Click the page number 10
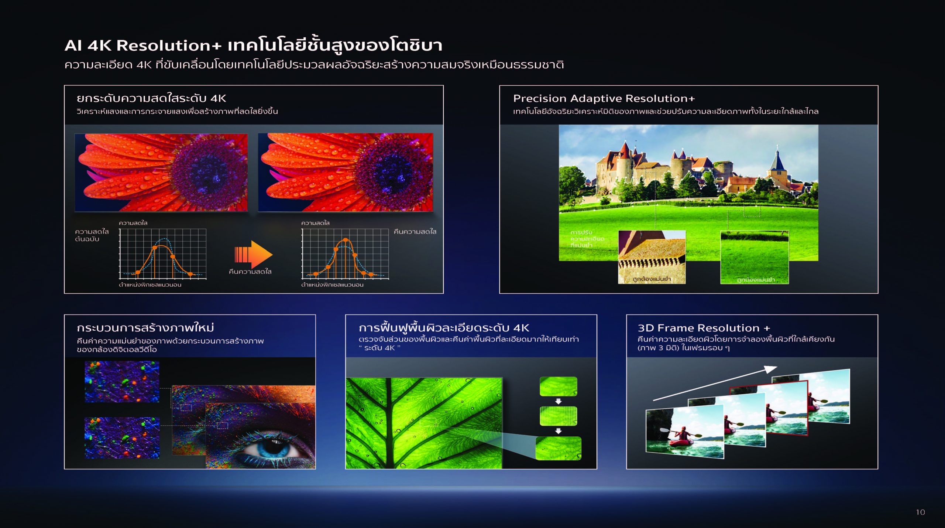pyautogui.click(x=920, y=512)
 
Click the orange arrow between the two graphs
pyautogui.click(x=253, y=255)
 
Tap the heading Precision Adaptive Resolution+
pyautogui.click(x=604, y=98)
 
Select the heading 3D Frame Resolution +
pyautogui.click(x=704, y=328)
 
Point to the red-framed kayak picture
pyautogui.click(x=769, y=408)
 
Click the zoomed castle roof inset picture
pyautogui.click(x=652, y=257)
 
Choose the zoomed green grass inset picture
pyautogui.click(x=754, y=257)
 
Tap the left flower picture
pyautogui.click(x=161, y=173)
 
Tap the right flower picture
pyautogui.click(x=346, y=173)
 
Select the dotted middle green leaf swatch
pyautogui.click(x=558, y=416)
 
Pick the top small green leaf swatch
pyautogui.click(x=558, y=386)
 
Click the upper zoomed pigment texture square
pyautogui.click(x=122, y=382)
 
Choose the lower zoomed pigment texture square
pyautogui.click(x=122, y=438)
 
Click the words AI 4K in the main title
pyautogui.click(x=88, y=45)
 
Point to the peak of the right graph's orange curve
pyautogui.click(x=345, y=240)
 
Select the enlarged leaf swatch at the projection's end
pyautogui.click(x=558, y=448)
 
